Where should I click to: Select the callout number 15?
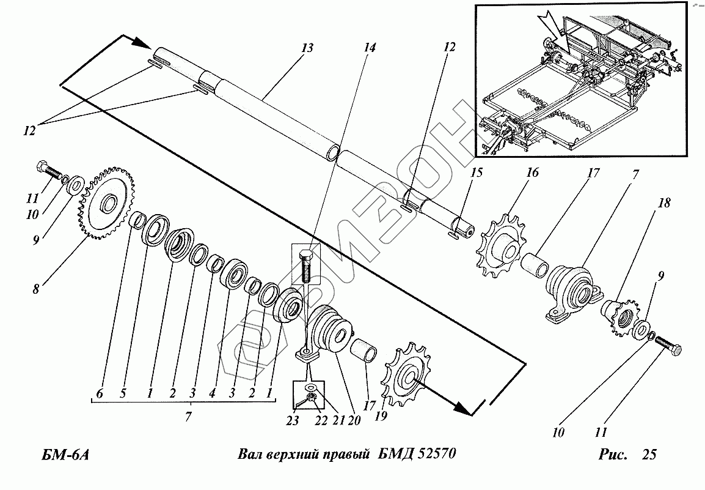(x=475, y=174)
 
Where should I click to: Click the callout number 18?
(x=663, y=204)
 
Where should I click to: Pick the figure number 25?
(x=649, y=455)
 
